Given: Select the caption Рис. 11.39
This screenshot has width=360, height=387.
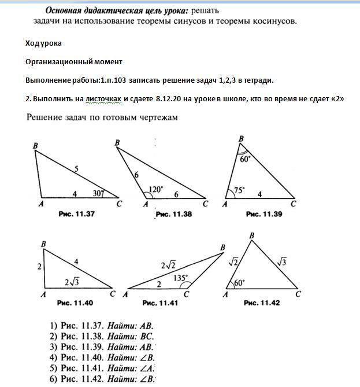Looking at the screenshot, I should tap(263, 214).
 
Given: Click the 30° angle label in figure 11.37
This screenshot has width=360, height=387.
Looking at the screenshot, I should tap(99, 193).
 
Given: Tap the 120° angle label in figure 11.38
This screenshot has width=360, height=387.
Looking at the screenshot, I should tap(156, 189).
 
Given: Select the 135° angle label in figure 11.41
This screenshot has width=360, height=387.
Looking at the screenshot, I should tap(181, 278).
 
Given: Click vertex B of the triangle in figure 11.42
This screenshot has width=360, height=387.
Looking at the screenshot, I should tap(251, 235).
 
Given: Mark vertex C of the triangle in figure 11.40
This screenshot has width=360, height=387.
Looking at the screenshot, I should tap(113, 294).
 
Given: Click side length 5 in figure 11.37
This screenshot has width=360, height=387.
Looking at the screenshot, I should tap(76, 169).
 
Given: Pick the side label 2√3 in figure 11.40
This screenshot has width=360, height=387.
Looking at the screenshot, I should tap(72, 282).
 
